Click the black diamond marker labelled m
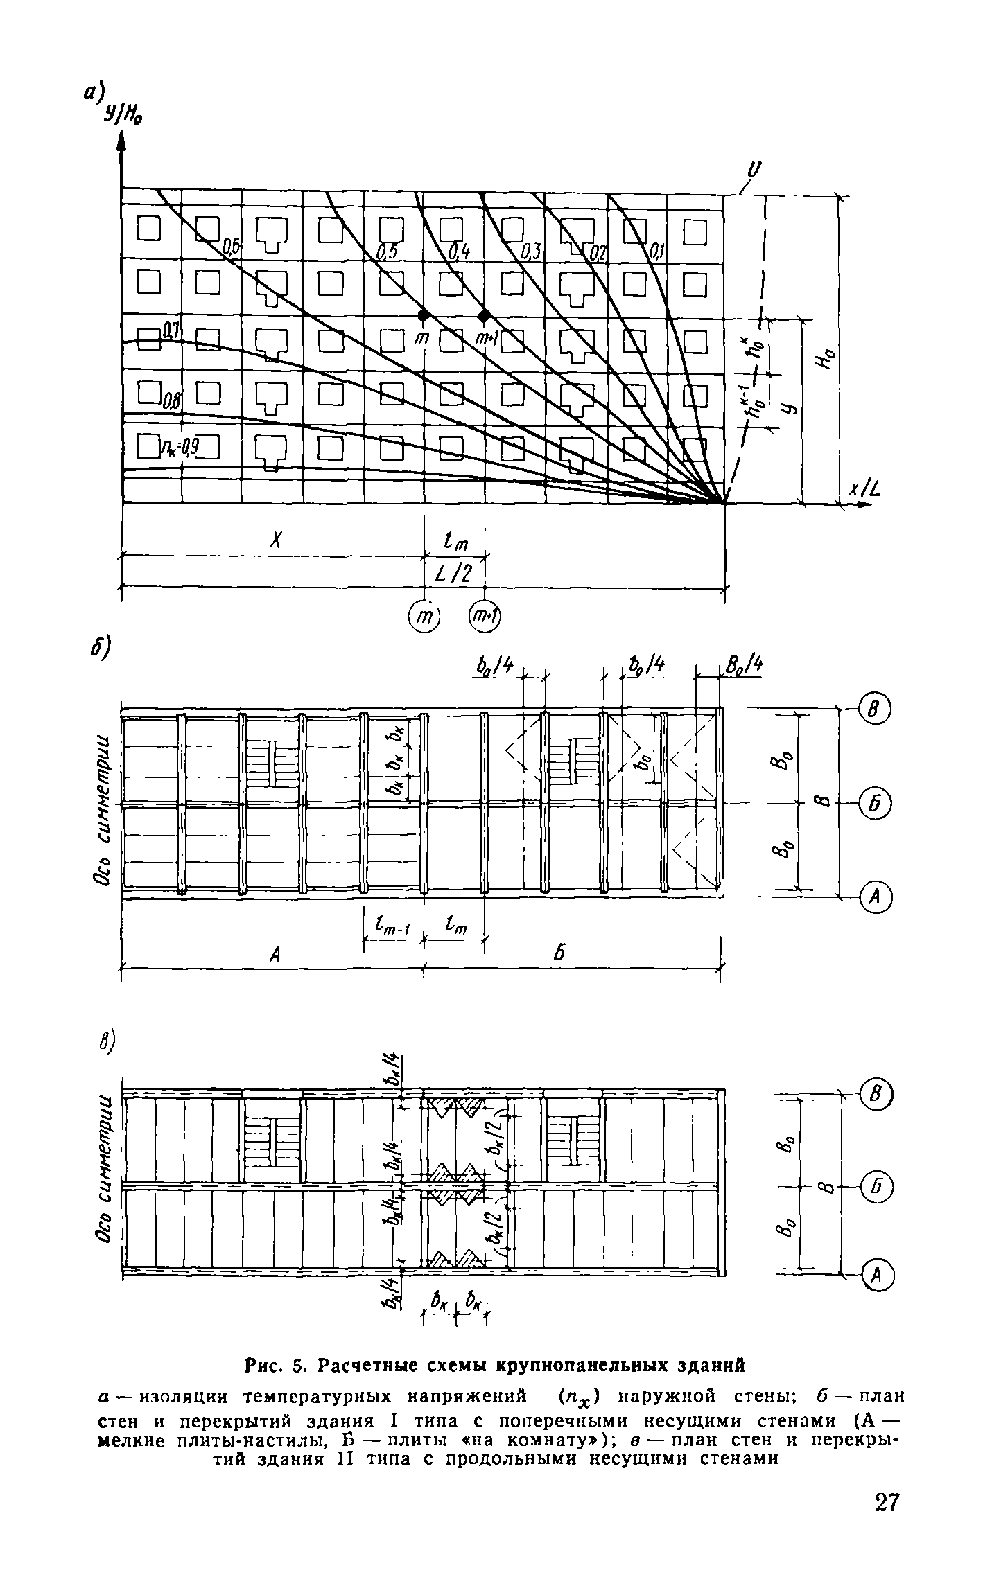(424, 316)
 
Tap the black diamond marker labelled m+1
(485, 316)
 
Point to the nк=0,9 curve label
(181, 451)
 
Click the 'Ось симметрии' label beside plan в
(103, 1177)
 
